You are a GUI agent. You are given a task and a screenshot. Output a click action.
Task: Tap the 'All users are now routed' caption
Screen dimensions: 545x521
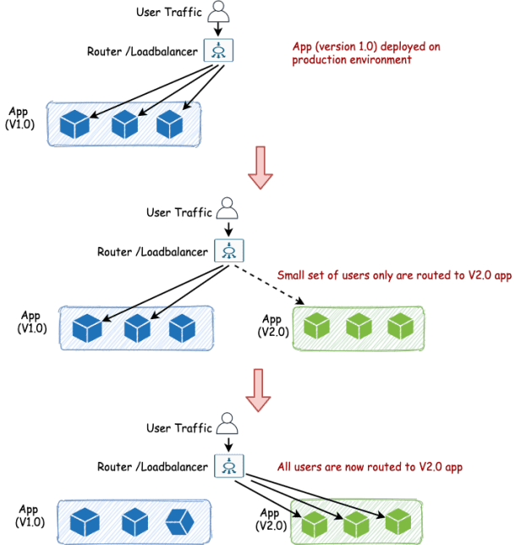coord(370,466)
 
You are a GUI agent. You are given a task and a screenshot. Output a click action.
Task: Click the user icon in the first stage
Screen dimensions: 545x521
coord(219,11)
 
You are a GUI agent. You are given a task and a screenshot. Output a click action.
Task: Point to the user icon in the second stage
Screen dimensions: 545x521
coord(226,209)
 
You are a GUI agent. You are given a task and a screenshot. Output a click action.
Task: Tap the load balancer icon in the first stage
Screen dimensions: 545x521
coord(218,50)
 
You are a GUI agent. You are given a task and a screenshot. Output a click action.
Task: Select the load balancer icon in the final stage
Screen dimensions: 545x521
coord(228,465)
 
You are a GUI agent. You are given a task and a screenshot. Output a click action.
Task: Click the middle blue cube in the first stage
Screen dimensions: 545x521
coord(124,124)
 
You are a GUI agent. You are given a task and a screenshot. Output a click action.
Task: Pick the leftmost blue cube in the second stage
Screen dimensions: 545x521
coord(86,328)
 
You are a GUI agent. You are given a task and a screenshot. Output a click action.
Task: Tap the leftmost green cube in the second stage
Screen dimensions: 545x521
coord(316,326)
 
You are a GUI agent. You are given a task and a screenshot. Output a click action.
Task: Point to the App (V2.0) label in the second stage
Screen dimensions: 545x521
coord(273,325)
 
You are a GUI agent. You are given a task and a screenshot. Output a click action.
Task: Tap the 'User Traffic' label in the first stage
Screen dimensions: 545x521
coord(167,12)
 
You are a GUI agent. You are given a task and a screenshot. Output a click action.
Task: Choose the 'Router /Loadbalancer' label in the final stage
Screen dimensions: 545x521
coord(152,466)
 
